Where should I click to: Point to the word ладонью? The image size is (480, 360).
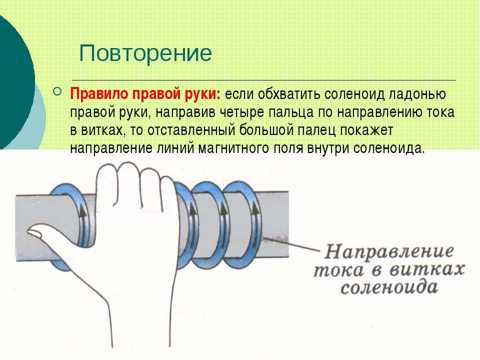(x=417, y=94)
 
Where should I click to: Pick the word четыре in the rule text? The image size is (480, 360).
(x=244, y=112)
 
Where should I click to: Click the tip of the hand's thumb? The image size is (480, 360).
(x=29, y=231)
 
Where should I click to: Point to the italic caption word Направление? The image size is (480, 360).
(x=389, y=252)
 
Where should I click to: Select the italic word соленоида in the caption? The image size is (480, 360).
(x=389, y=288)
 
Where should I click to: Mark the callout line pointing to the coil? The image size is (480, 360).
(x=291, y=244)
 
